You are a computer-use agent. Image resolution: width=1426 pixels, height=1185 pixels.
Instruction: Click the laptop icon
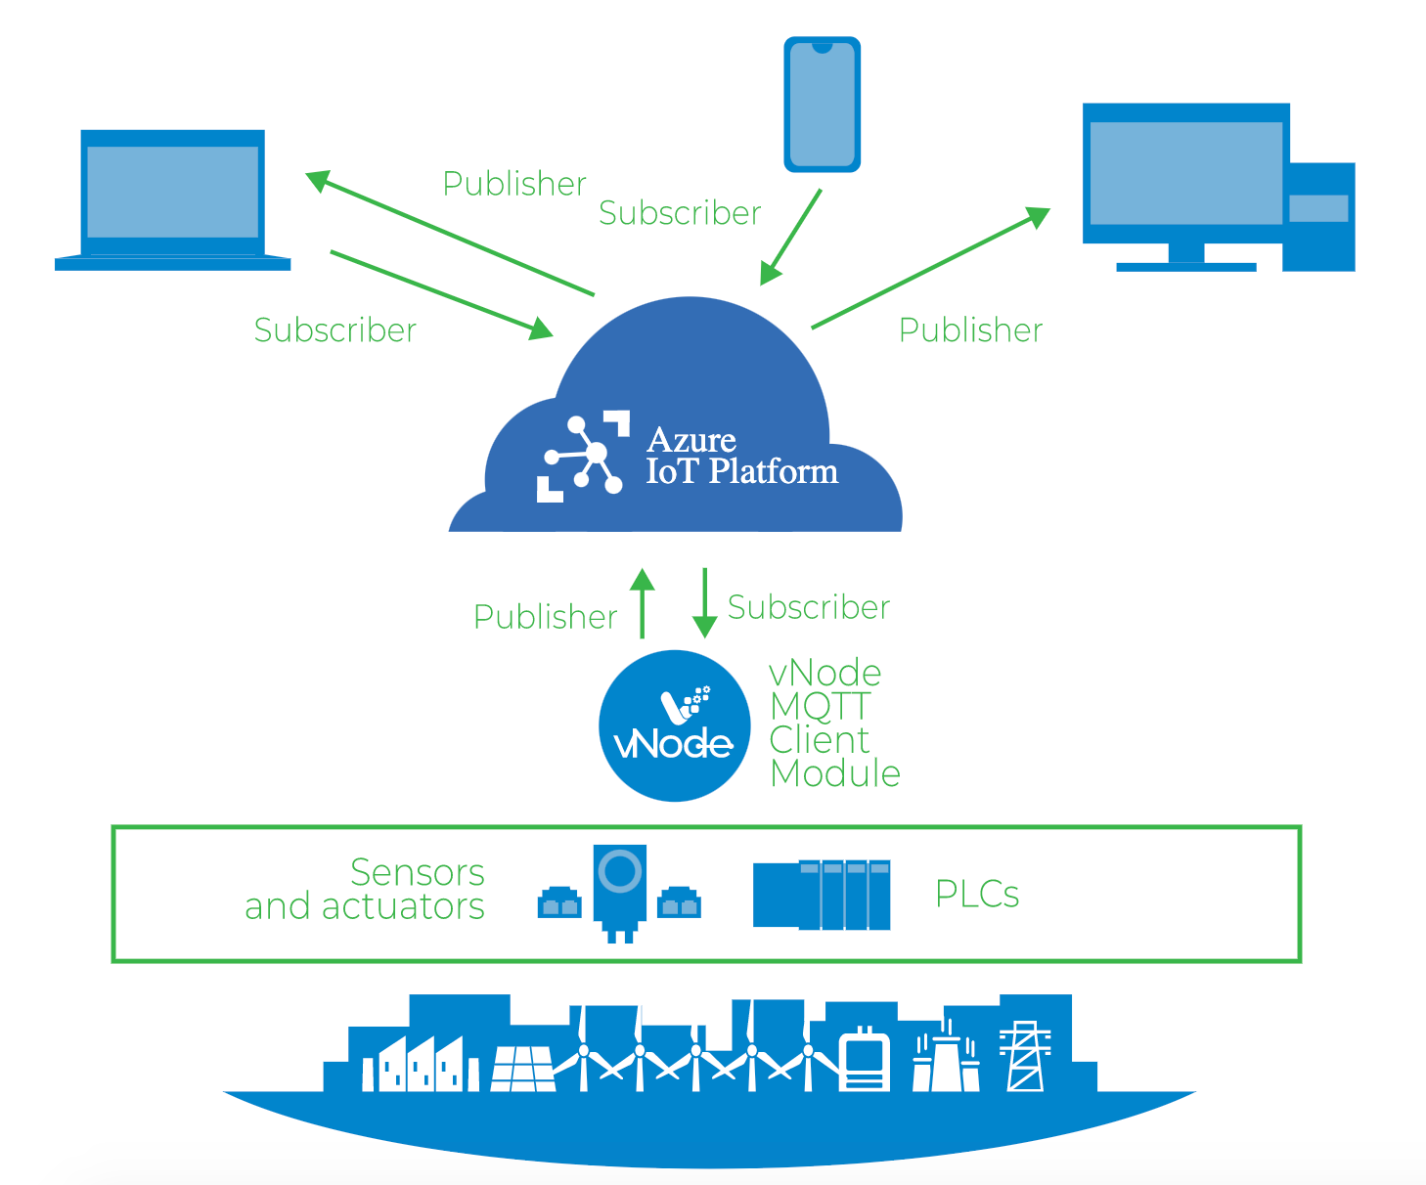pyautogui.click(x=173, y=199)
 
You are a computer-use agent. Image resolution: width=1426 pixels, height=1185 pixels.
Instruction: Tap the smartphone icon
pyautogui.click(x=822, y=105)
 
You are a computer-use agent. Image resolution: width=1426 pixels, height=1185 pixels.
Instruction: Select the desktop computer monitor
pyautogui.click(x=1186, y=176)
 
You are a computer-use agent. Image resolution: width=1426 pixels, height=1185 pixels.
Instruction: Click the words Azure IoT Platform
pyautogui.click(x=740, y=456)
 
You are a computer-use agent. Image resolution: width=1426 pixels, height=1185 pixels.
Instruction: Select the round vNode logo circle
pyautogui.click(x=674, y=726)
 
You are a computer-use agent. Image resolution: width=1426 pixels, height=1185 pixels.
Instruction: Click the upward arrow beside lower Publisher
pyautogui.click(x=643, y=603)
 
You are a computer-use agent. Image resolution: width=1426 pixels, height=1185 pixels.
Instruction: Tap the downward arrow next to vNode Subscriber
pyautogui.click(x=704, y=603)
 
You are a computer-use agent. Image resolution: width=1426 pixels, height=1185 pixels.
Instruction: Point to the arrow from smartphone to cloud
pyautogui.click(x=790, y=238)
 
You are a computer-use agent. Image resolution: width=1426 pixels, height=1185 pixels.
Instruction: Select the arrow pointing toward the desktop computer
pyautogui.click(x=930, y=268)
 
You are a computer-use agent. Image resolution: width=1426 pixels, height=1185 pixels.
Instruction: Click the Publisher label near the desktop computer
pyautogui.click(x=970, y=330)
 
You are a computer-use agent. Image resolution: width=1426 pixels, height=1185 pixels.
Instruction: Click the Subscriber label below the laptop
pyautogui.click(x=335, y=330)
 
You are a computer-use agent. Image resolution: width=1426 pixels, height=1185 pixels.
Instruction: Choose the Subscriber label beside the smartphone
pyautogui.click(x=680, y=213)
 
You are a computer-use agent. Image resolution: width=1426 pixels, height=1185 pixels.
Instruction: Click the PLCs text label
pyautogui.click(x=977, y=894)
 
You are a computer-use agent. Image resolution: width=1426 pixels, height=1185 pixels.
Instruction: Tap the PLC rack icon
pyautogui.click(x=822, y=895)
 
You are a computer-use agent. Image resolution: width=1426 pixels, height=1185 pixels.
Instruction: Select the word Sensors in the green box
pyautogui.click(x=418, y=872)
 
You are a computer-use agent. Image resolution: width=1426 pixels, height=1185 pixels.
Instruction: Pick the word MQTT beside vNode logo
pyautogui.click(x=820, y=706)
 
